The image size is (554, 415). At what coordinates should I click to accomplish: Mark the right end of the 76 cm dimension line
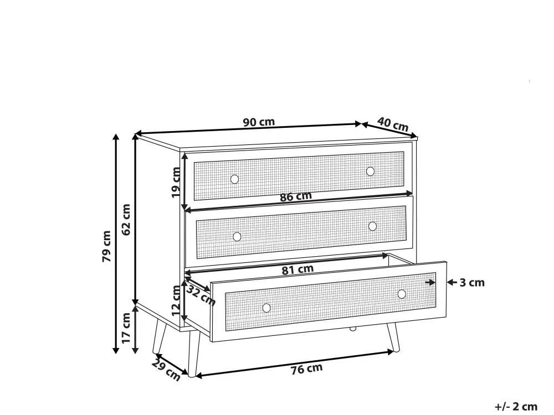(x=393, y=351)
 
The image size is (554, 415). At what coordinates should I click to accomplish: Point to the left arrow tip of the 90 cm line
(x=136, y=133)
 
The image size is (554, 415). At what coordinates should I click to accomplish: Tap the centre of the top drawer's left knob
(x=234, y=179)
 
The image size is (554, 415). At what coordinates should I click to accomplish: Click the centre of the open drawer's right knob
(x=402, y=294)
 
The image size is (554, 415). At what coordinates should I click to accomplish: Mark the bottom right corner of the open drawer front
(x=446, y=317)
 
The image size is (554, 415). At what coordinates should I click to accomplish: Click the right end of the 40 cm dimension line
(x=417, y=137)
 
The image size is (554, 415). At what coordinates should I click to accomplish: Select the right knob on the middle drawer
(x=372, y=226)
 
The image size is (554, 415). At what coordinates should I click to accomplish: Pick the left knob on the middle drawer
(x=237, y=237)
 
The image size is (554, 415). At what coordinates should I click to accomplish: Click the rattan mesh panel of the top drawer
(x=299, y=176)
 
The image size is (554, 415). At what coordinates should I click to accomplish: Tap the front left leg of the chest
(x=193, y=354)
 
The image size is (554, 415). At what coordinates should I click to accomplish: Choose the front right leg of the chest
(x=393, y=338)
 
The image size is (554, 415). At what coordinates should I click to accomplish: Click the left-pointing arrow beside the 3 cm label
(x=452, y=282)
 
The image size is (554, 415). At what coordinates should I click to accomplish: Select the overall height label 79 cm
(x=107, y=246)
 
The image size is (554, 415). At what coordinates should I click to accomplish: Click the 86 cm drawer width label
(x=296, y=196)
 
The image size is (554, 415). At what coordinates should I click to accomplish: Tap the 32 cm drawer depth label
(x=201, y=295)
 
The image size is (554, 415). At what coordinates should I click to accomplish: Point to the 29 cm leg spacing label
(x=166, y=370)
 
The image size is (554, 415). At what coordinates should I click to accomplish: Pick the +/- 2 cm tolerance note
(x=516, y=407)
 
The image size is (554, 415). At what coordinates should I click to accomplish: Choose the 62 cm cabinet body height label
(x=126, y=219)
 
